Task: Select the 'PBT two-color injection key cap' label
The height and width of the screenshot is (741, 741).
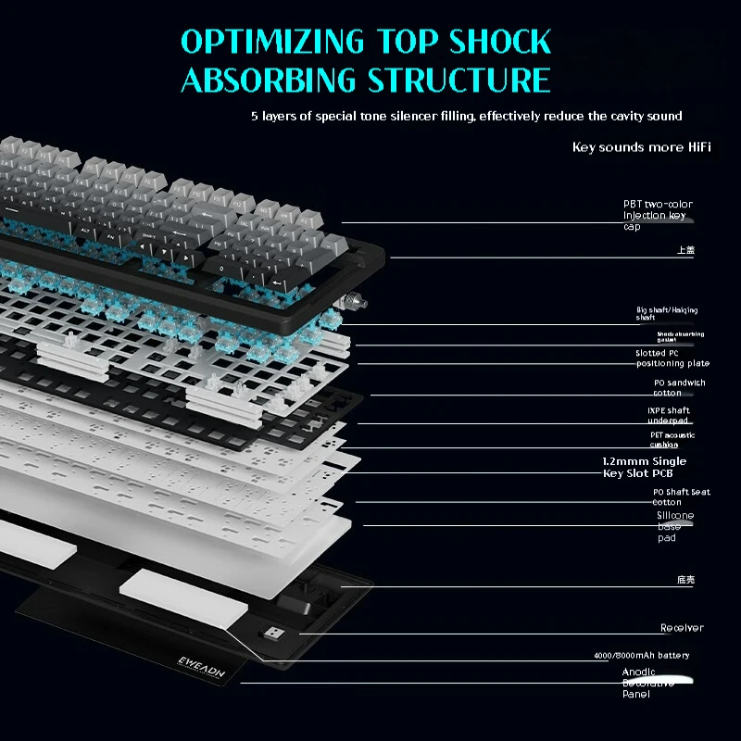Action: (x=657, y=215)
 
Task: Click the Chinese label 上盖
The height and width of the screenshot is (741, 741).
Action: (x=684, y=250)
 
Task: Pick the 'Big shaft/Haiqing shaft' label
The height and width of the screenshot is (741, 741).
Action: (x=666, y=313)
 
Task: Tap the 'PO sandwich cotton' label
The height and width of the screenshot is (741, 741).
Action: (x=679, y=387)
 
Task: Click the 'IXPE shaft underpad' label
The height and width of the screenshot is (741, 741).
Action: (x=668, y=415)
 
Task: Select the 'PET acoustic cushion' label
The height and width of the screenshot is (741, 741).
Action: (x=672, y=439)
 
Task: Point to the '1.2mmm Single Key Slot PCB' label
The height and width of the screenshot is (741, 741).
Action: (x=644, y=467)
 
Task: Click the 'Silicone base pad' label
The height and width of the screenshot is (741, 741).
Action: (x=674, y=526)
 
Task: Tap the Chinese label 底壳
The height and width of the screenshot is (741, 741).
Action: (x=684, y=580)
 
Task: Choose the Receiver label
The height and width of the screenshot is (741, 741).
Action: (x=682, y=628)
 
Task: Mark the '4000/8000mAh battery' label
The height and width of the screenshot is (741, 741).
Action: (x=641, y=656)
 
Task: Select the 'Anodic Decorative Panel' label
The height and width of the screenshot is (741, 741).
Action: (x=648, y=683)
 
